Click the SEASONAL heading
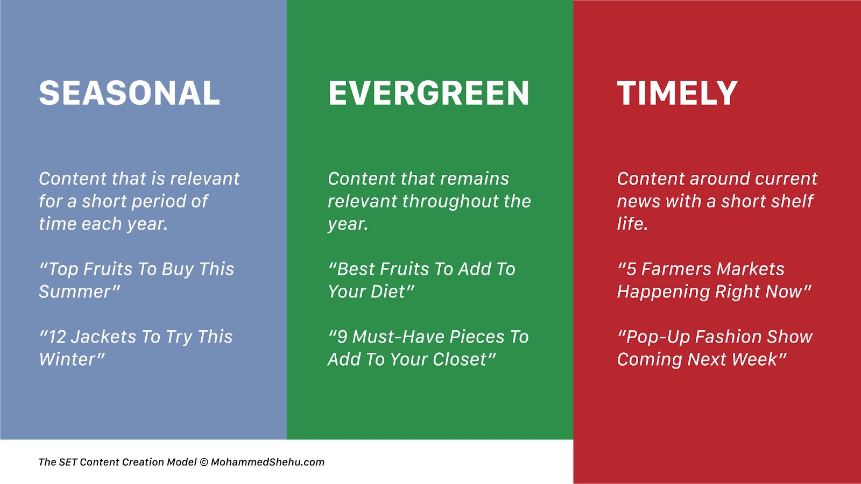pyautogui.click(x=129, y=92)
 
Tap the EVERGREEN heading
pyautogui.click(x=428, y=92)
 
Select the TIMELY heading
pyautogui.click(x=677, y=92)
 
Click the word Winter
pyautogui.click(x=68, y=360)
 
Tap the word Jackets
pyautogui.click(x=103, y=337)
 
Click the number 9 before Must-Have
pyautogui.click(x=342, y=337)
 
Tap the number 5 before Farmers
pyautogui.click(x=631, y=269)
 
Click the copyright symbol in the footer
pyautogui.click(x=204, y=462)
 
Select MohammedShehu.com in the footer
pyautogui.click(x=267, y=462)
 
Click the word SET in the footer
pyautogui.click(x=68, y=462)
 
